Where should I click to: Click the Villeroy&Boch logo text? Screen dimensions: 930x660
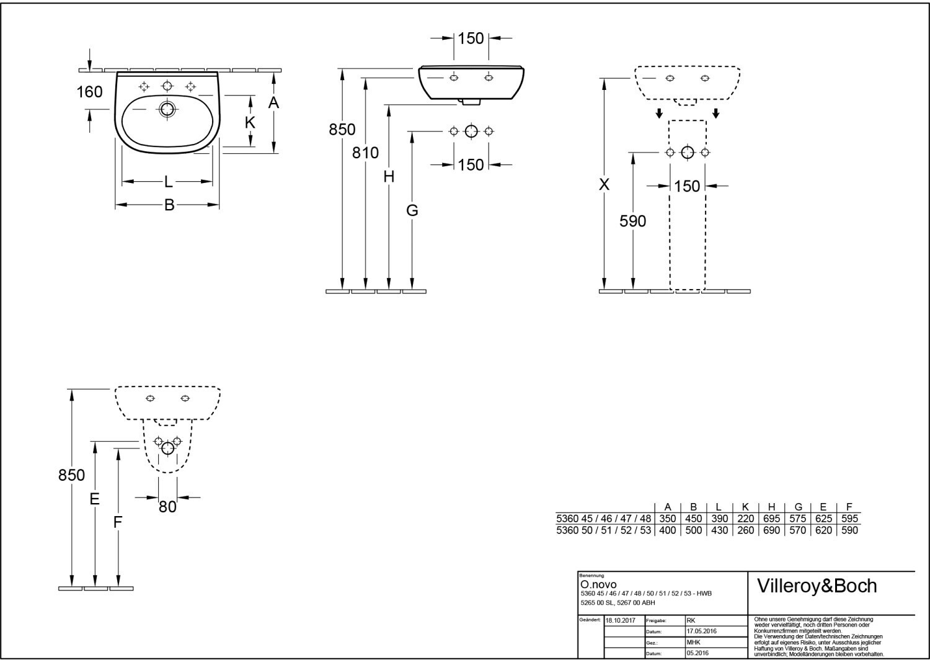tap(817, 586)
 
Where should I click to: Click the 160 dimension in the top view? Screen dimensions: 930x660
tap(89, 92)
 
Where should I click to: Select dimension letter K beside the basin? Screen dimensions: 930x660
tap(250, 123)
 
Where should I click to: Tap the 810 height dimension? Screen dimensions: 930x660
tap(365, 153)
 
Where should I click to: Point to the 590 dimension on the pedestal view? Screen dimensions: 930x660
tap(633, 221)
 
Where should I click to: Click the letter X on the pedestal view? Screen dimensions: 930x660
tap(604, 184)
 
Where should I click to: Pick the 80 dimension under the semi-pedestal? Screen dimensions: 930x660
tap(168, 507)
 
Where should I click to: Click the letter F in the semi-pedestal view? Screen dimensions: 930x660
tap(118, 522)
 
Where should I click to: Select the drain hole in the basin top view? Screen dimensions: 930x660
tap(167, 109)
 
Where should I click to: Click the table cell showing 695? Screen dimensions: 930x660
tap(771, 519)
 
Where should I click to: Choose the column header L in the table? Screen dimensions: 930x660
tap(719, 507)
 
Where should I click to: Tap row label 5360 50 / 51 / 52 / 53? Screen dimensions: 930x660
tap(604, 530)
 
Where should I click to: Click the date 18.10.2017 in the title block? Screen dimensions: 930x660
tap(620, 620)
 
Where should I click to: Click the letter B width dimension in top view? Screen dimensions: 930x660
tap(169, 205)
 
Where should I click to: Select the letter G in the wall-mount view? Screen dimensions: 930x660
tap(412, 210)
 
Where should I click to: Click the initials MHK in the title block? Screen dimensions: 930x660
tap(693, 642)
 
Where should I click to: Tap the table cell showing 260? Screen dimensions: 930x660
tap(746, 530)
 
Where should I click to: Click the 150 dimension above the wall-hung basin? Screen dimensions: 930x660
tap(471, 38)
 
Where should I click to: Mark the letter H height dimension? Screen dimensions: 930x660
tap(389, 177)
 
